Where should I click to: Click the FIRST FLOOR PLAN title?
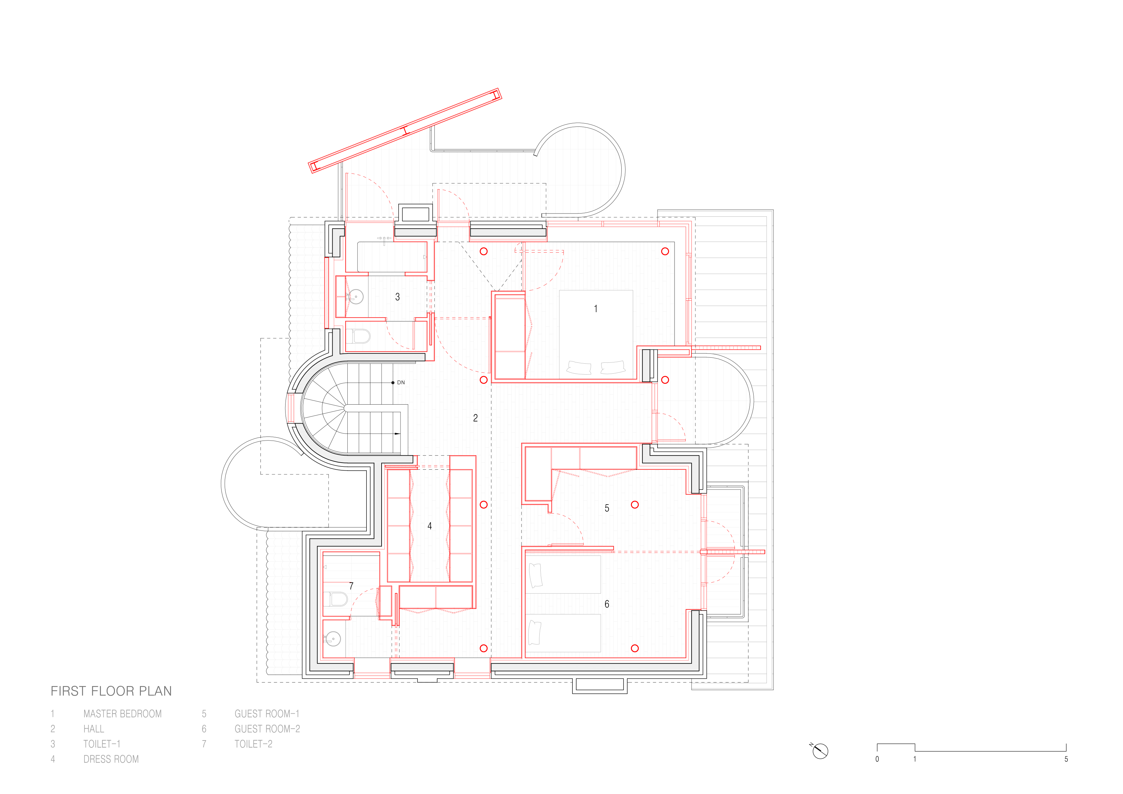[x=111, y=691]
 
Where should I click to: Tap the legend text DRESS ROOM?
[x=111, y=759]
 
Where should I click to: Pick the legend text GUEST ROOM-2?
[x=267, y=729]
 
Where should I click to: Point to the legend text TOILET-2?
[x=253, y=744]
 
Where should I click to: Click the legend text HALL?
[x=93, y=729]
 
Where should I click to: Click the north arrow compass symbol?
[x=820, y=751]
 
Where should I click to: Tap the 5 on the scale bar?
[x=1066, y=759]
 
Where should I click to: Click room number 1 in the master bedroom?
[x=596, y=309]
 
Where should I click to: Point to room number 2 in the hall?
[x=475, y=418]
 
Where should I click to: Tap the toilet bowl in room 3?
[x=360, y=336]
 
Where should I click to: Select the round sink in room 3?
[x=356, y=296]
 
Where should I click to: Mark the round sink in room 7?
[x=333, y=639]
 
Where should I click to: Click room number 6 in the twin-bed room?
[x=607, y=604]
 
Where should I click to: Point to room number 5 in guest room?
[x=607, y=508]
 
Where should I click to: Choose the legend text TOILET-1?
[x=102, y=744]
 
